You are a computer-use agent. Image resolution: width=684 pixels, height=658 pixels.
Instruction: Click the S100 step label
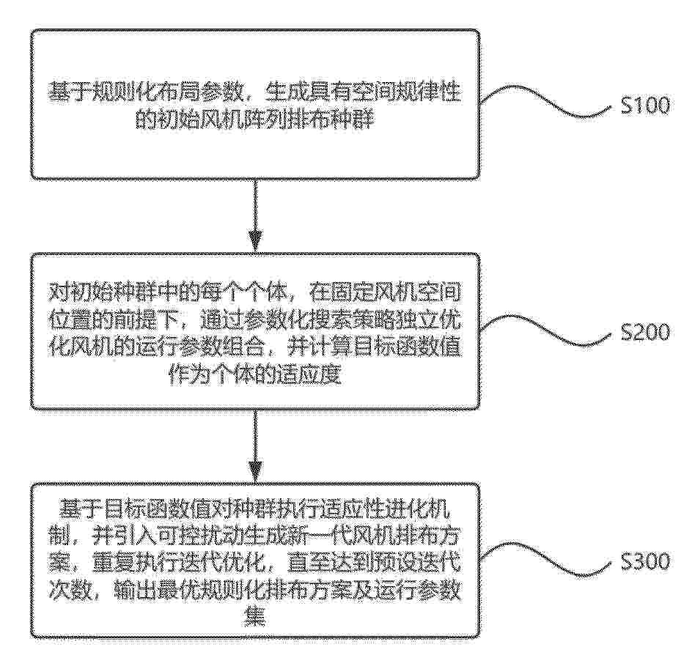tap(645, 106)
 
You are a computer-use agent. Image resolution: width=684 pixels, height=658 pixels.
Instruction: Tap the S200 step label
tap(645, 333)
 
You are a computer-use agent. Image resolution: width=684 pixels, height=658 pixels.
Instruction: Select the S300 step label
tap(645, 561)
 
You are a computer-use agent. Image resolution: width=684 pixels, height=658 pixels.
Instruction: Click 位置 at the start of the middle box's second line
tap(70, 322)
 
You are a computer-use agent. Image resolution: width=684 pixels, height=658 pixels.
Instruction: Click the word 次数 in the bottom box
tap(70, 590)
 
